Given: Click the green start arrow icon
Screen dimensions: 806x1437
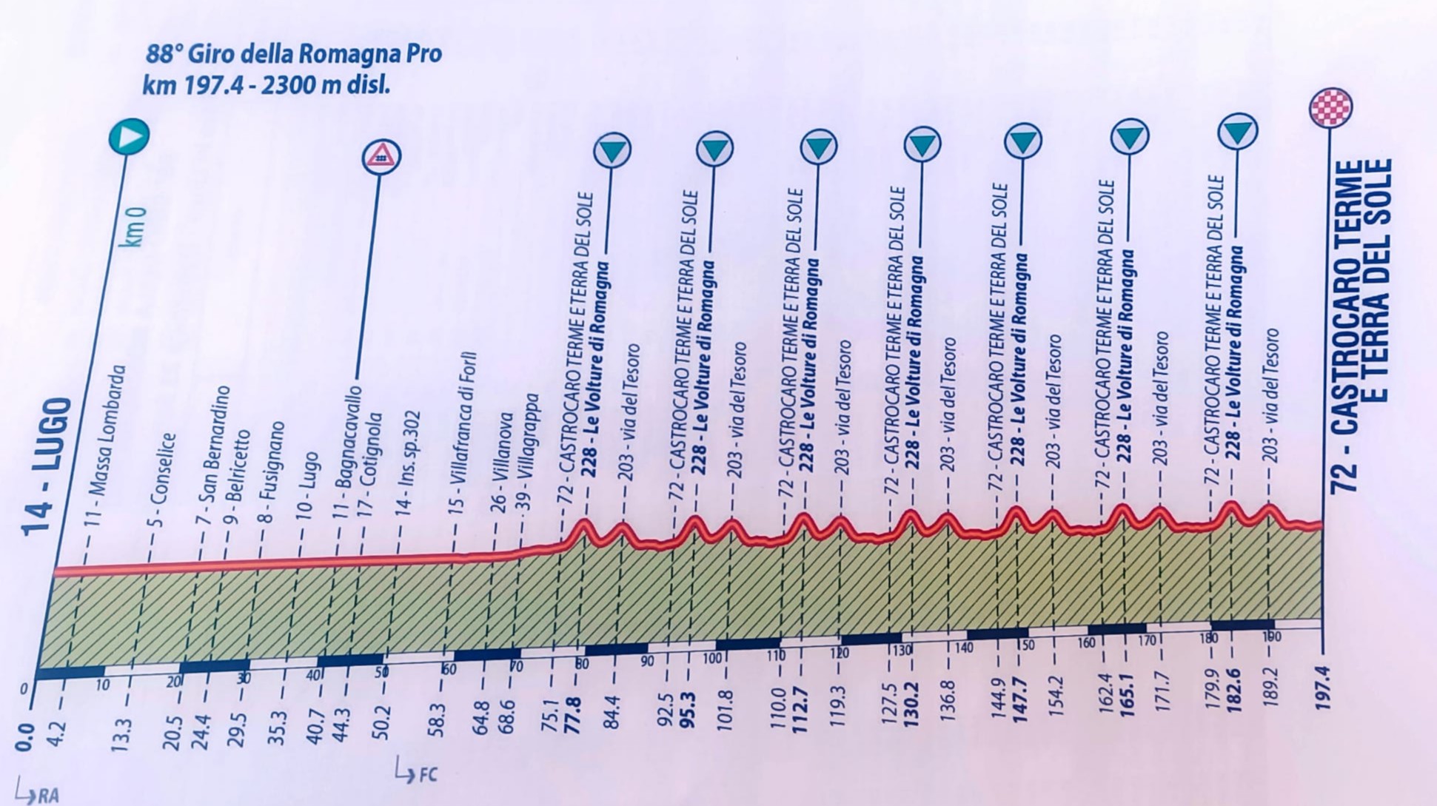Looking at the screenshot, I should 130,136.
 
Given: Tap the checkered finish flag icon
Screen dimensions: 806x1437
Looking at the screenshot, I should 1330,108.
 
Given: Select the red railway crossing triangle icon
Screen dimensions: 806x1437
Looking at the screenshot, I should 381,156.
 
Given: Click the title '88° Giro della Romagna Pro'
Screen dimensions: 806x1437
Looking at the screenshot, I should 294,54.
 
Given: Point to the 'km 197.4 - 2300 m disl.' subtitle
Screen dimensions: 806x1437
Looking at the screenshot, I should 267,85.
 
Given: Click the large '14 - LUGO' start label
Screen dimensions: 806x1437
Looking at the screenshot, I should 46,466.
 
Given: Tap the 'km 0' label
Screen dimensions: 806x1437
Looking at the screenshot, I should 135,226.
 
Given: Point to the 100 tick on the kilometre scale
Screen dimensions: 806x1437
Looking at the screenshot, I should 711,658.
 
